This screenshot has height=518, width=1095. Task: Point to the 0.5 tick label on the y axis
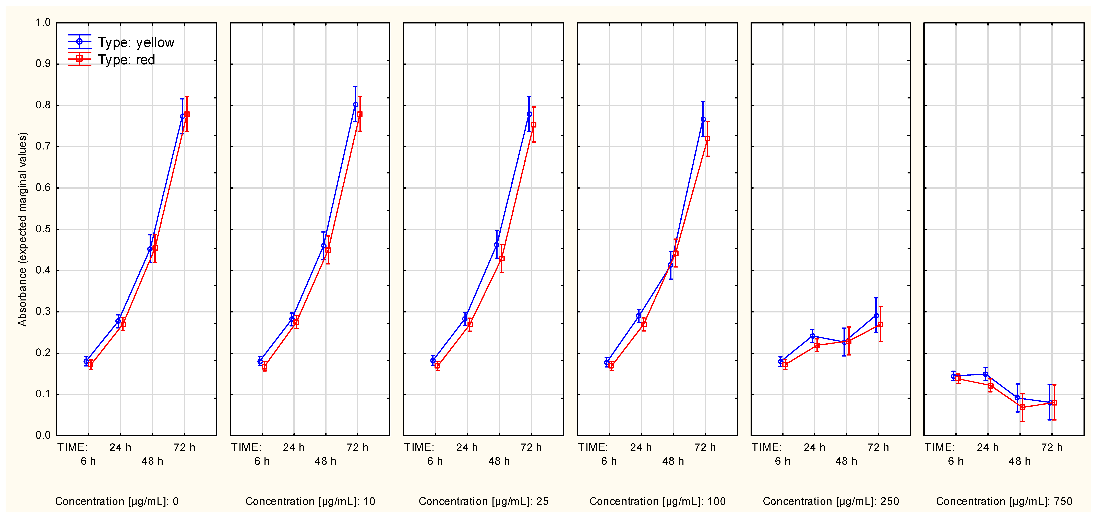[x=43, y=229]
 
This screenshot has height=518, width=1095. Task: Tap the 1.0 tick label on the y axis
[x=43, y=22]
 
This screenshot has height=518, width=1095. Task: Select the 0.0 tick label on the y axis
[x=43, y=435]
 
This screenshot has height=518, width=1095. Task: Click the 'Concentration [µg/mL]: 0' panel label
[x=117, y=501]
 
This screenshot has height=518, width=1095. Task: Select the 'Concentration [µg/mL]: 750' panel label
[x=1004, y=501]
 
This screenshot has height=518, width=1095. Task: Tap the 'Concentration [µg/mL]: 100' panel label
[x=658, y=501]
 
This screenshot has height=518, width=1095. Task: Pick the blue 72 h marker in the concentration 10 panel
[x=355, y=105]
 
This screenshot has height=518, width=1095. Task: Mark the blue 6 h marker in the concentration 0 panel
[x=86, y=361]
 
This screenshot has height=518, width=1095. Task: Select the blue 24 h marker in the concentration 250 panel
[x=812, y=336]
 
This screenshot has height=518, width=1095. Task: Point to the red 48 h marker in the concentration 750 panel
[x=1022, y=407]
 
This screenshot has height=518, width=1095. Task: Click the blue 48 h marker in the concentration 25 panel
[x=497, y=245]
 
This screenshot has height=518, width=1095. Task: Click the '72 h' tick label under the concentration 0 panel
[x=185, y=447]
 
